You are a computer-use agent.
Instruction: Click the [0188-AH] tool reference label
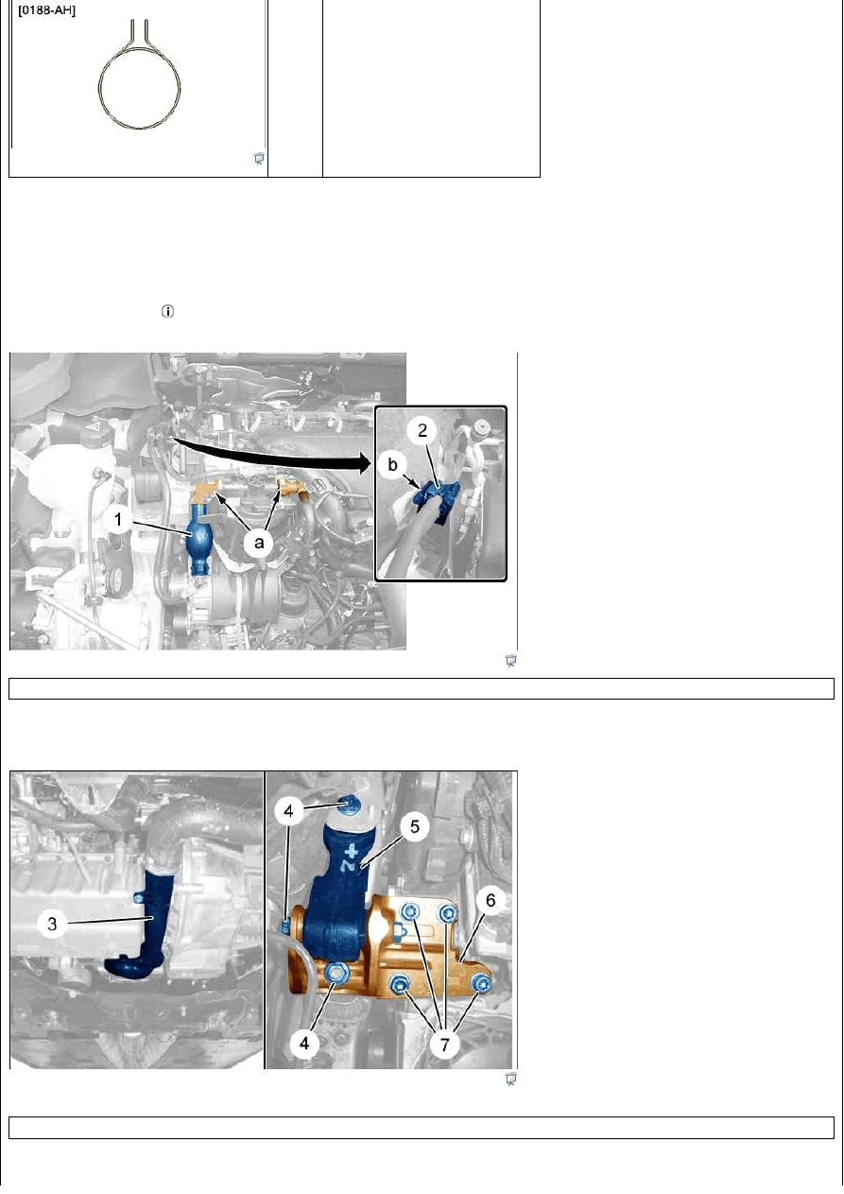[x=47, y=10]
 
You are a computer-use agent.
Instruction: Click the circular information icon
[x=167, y=312]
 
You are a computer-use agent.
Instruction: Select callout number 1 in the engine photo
[x=118, y=520]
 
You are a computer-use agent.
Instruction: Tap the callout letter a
[x=259, y=544]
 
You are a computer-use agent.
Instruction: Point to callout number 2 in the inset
[x=422, y=430]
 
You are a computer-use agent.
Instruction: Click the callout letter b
[x=392, y=465]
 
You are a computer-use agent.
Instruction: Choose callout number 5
[x=415, y=827]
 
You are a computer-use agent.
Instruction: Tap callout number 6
[x=491, y=901]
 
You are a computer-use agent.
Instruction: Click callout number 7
[x=444, y=1045]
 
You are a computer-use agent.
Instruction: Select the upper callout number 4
[x=289, y=811]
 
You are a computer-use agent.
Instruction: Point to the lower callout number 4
[x=304, y=1043]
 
